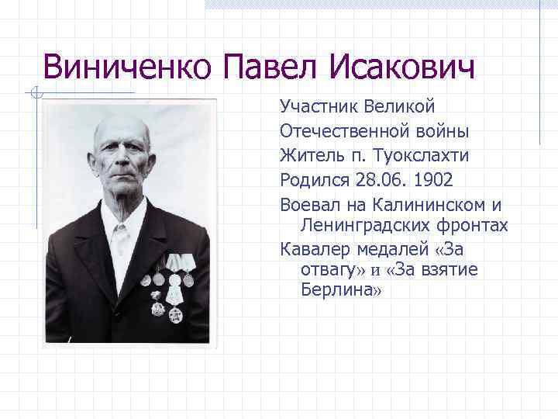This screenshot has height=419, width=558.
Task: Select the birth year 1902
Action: pos(434,180)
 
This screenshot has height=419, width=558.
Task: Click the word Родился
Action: pos(312,180)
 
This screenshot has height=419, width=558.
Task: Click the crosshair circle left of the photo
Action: pos(36,95)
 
